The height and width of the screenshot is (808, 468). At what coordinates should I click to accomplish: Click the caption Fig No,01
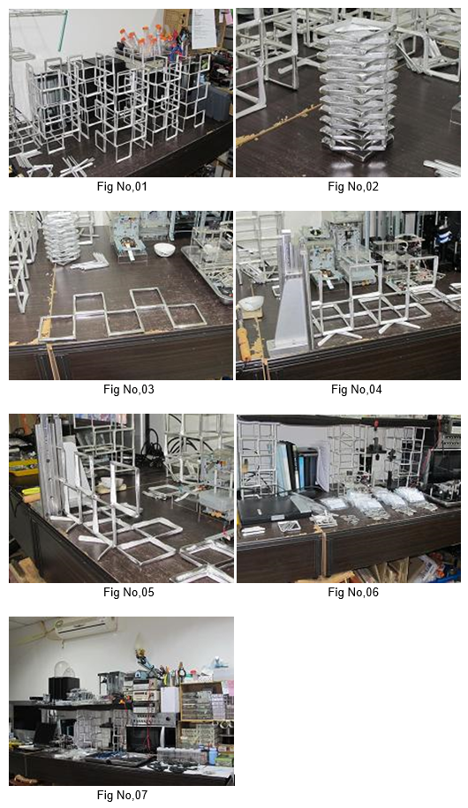coord(122,186)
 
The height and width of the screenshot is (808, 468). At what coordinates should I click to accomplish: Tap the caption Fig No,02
coord(353,186)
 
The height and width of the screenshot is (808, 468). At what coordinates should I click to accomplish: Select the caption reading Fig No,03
coord(129,389)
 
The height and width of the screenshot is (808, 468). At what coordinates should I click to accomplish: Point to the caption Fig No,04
coord(357,389)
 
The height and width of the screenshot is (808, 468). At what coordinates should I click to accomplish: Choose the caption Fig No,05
coord(129,592)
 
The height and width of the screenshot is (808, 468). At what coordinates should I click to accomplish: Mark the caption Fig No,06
coord(353,592)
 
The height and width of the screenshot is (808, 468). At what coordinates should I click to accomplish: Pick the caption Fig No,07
coord(122,795)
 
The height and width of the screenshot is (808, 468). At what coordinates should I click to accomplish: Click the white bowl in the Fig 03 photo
coord(164,250)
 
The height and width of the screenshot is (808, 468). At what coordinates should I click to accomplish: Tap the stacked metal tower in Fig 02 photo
coord(357,87)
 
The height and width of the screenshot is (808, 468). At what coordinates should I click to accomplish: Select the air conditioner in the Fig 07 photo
coord(82,628)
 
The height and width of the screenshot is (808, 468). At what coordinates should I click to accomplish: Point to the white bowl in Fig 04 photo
coord(252,303)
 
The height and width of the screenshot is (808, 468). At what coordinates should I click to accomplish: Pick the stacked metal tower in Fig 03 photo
coord(60,237)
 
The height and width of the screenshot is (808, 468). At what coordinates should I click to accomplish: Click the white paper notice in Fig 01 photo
coord(203,29)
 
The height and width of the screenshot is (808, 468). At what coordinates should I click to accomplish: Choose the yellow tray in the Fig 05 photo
coord(23,467)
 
